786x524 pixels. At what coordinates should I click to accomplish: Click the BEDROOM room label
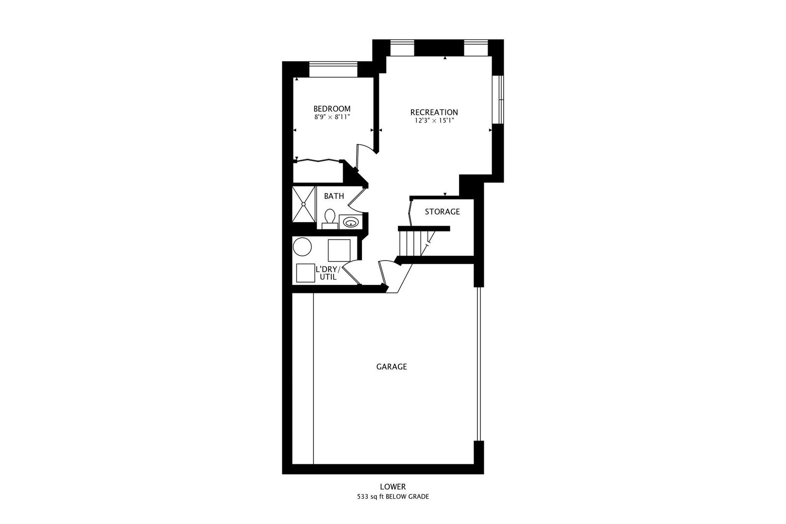331,109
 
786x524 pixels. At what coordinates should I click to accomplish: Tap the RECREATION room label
434,112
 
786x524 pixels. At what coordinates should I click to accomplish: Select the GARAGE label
392,367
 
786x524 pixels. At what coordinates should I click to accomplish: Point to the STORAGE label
442,212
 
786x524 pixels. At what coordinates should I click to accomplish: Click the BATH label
334,196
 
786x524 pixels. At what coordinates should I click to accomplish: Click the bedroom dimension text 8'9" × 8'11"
332,117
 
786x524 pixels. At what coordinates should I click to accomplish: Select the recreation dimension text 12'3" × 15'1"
434,121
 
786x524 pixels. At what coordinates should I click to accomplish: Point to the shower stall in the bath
304,204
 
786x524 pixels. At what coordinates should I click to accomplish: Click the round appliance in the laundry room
302,247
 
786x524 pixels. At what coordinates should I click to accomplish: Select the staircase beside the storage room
416,243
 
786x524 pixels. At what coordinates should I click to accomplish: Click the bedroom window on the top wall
333,69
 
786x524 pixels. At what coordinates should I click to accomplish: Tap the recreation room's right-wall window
498,99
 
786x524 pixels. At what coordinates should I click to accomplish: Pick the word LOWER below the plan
393,487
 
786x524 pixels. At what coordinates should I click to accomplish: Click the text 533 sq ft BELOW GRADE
393,497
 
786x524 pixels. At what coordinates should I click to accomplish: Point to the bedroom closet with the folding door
318,172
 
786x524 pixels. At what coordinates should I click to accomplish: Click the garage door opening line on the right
479,364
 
